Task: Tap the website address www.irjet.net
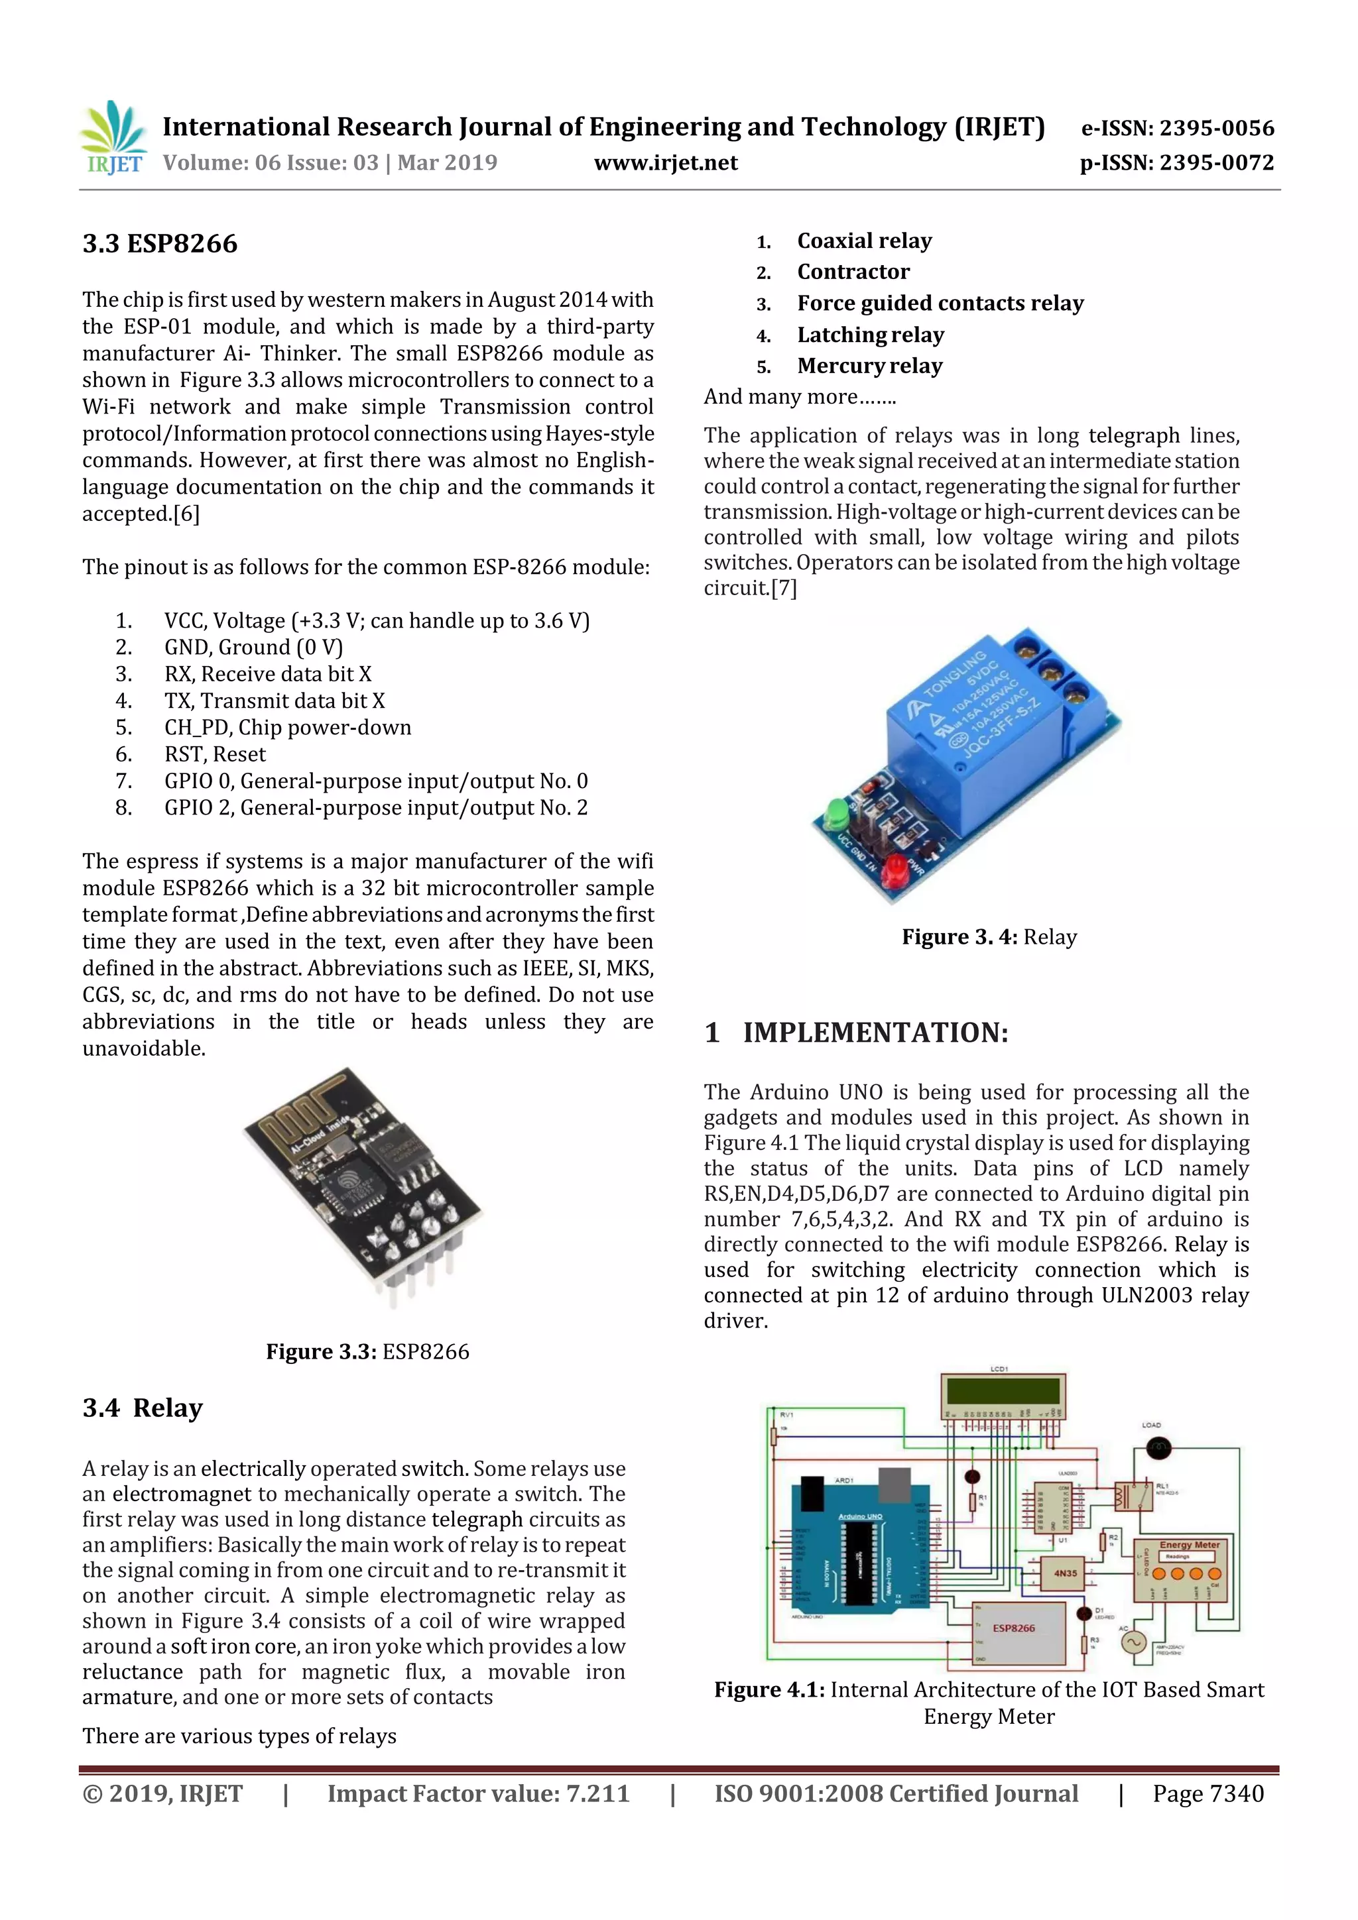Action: [665, 163]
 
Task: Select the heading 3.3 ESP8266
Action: [160, 244]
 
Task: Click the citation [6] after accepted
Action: [186, 514]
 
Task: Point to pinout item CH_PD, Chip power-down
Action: [287, 728]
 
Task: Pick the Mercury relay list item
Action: [869, 367]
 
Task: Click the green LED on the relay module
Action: [837, 813]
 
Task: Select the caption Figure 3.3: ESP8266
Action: [367, 1352]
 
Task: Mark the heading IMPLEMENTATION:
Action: [875, 1033]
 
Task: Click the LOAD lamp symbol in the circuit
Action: [1158, 1447]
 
